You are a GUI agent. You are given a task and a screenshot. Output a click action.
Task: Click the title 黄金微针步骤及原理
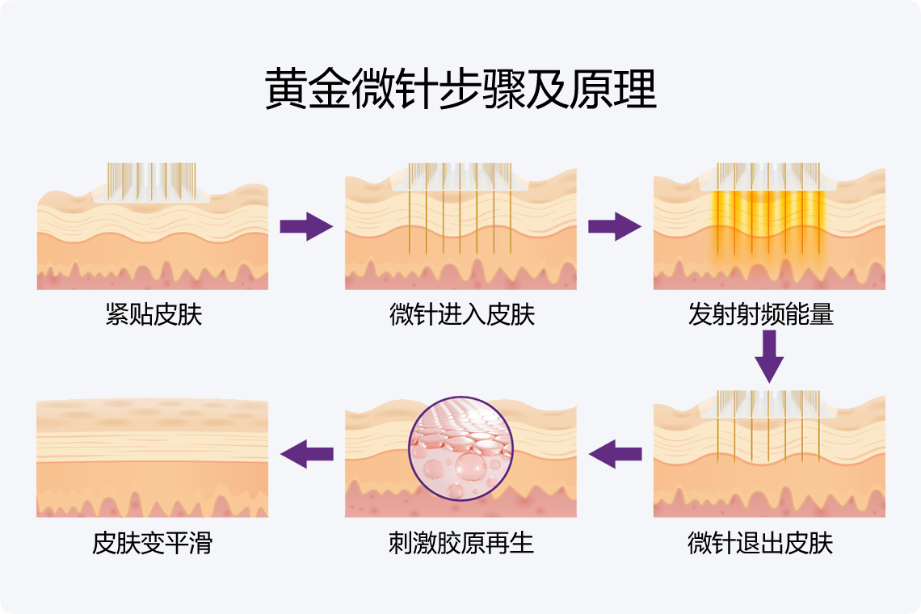point(460,89)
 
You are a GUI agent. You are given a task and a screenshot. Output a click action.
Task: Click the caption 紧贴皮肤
point(153,314)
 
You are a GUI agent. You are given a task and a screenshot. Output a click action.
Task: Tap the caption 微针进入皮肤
point(461,314)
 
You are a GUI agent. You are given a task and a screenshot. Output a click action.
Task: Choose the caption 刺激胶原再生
point(461,543)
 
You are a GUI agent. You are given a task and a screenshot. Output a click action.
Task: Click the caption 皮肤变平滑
point(152,543)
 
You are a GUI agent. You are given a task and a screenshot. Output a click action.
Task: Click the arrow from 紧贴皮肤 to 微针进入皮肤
point(306,226)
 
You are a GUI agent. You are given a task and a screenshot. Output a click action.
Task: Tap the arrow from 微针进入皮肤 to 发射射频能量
point(614,226)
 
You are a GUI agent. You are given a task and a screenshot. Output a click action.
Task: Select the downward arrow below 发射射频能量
point(769,358)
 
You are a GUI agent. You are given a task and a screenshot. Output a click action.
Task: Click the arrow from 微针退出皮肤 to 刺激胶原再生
point(615,454)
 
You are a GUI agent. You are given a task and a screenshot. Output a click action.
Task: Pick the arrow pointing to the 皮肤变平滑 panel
point(307,454)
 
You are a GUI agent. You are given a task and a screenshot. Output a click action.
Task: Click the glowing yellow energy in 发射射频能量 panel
point(769,218)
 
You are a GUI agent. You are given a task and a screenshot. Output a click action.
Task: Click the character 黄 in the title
point(287,89)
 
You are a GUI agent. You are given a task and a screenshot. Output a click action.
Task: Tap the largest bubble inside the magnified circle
point(469,466)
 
